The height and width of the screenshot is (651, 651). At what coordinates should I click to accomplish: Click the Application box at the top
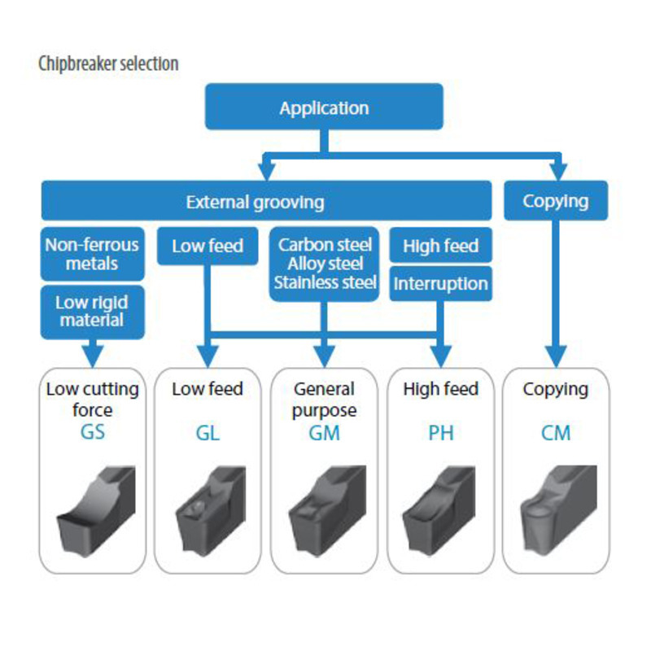324,107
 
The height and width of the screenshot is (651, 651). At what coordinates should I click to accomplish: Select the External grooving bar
255,202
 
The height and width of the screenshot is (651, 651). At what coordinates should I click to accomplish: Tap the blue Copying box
556,201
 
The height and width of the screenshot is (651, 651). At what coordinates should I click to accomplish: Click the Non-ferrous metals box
92,254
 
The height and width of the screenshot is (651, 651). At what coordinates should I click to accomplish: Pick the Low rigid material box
92,311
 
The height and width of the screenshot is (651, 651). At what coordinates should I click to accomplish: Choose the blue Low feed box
208,246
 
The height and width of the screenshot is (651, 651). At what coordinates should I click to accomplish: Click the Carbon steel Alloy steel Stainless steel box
325,264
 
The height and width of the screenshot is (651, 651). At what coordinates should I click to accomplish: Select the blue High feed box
440,246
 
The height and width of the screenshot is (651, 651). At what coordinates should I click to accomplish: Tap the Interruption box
440,284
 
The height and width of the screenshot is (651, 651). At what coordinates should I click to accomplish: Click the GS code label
92,431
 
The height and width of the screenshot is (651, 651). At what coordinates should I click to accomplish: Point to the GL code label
208,433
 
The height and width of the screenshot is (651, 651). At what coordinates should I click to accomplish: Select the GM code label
325,433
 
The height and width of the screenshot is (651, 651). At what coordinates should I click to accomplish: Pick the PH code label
440,433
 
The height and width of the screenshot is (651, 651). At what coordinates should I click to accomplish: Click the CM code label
556,433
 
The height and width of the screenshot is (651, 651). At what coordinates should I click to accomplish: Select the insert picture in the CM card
556,509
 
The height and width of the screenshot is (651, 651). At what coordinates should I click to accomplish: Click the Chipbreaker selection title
108,63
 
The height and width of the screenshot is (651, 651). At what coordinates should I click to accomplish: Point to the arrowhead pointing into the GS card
92,356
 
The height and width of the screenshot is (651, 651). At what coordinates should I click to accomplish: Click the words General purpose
325,399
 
